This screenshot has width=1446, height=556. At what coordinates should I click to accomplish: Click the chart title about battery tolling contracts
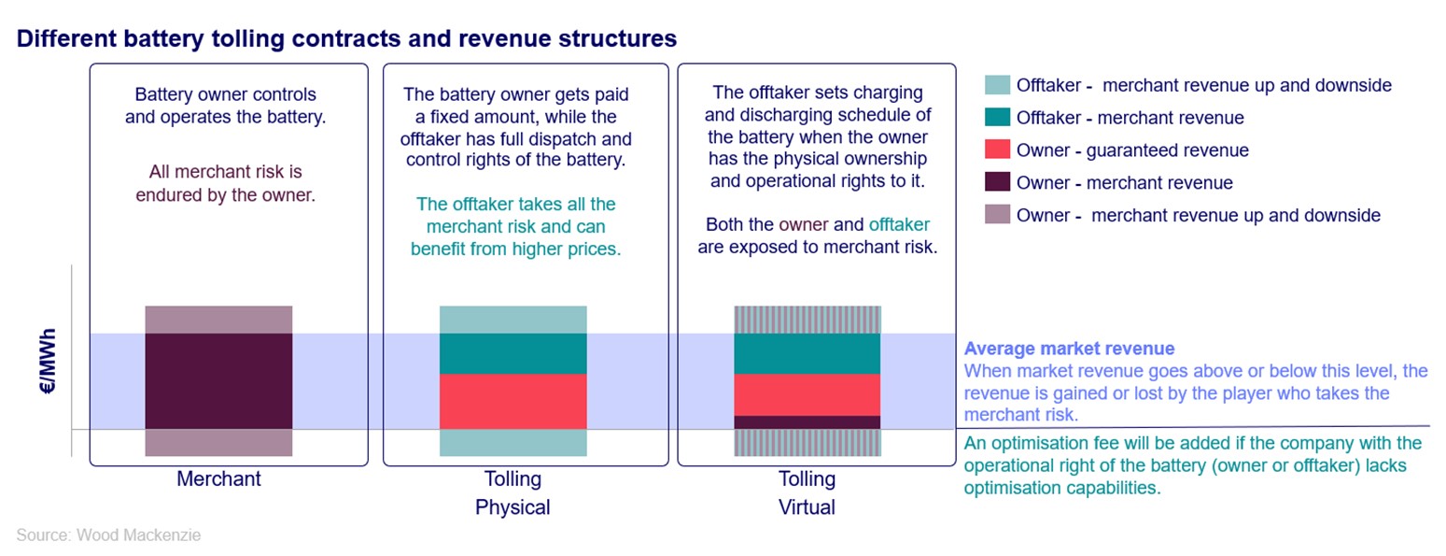pos(346,39)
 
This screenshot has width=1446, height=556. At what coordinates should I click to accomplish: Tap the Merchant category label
pos(218,479)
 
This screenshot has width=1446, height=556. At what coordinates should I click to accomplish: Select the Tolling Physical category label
pos(512,492)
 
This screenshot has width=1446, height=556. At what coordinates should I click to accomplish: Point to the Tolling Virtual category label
pos(807,492)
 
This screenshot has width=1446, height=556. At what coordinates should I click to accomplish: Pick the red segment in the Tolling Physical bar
pos(512,401)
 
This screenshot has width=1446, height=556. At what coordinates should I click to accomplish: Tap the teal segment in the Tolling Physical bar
pos(512,353)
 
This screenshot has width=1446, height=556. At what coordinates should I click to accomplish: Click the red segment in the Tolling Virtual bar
pos(807,394)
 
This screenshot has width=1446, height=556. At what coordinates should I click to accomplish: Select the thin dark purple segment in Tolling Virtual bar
pos(807,422)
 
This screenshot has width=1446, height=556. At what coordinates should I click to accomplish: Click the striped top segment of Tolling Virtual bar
pos(807,320)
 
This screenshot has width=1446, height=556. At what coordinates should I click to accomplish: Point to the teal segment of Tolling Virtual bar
pos(807,353)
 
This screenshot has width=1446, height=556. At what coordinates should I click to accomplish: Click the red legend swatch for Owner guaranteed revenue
pos(997,150)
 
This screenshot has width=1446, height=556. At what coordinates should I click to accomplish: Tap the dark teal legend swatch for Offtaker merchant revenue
pos(997,118)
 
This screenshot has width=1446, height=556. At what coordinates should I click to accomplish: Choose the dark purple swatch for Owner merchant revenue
pos(997,183)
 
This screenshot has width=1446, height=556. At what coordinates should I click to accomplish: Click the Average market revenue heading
pos(1069,349)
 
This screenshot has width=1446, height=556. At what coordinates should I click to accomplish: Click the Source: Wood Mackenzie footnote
pos(108,535)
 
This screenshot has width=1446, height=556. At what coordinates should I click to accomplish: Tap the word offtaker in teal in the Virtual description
pos(899,225)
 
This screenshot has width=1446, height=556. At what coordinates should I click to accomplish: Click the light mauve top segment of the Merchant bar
pos(218,320)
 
